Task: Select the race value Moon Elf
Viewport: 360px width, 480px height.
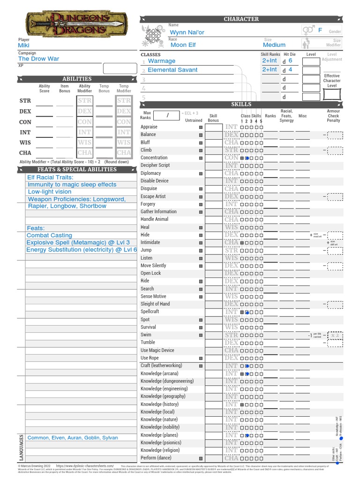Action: click(x=183, y=45)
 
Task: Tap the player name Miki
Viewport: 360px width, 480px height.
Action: click(x=23, y=45)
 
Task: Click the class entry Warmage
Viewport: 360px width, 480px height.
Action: click(x=161, y=61)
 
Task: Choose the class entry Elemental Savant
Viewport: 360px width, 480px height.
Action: click(x=172, y=70)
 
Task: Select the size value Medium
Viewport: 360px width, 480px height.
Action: click(x=274, y=45)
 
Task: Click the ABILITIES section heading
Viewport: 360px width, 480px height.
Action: click(x=77, y=79)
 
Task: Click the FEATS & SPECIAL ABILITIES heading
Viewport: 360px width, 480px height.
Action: click(x=77, y=170)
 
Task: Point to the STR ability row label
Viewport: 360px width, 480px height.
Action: click(x=25, y=101)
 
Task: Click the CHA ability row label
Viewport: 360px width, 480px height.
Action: click(x=25, y=153)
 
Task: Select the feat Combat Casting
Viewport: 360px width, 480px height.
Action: click(x=49, y=235)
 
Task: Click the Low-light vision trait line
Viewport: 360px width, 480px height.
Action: click(x=49, y=192)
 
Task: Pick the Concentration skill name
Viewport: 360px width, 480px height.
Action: click(x=154, y=158)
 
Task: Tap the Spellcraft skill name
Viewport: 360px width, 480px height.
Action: click(x=150, y=312)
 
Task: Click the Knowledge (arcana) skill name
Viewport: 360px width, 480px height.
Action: click(x=159, y=374)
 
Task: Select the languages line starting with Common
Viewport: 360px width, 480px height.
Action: click(x=73, y=438)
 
